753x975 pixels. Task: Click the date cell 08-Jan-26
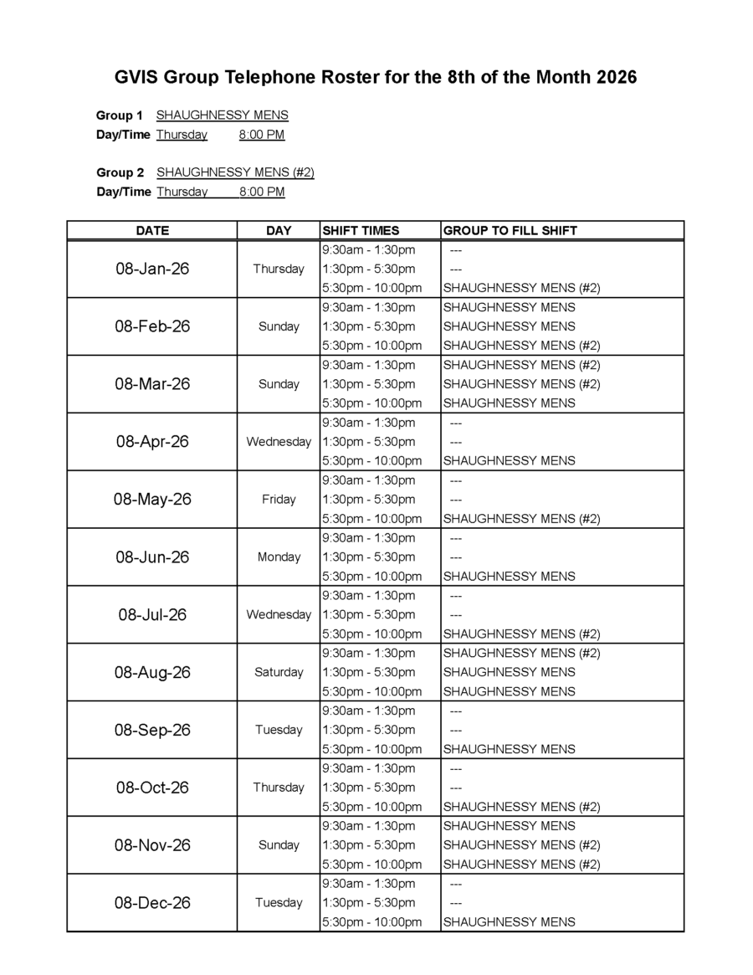click(152, 269)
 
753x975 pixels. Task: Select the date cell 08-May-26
click(152, 500)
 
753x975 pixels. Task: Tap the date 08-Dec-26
click(152, 903)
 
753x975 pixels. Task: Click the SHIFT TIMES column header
click(361, 231)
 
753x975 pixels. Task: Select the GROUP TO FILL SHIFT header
click(510, 231)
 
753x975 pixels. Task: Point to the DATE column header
click(152, 231)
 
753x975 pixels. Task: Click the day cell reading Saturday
click(279, 672)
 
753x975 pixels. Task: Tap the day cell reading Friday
click(279, 500)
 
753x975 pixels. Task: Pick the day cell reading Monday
click(279, 557)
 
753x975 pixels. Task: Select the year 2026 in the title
click(617, 78)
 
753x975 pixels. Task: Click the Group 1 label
click(120, 115)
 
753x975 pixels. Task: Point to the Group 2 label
click(120, 173)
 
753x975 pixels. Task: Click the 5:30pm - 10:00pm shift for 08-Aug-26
click(371, 691)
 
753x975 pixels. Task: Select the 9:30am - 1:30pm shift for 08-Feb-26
click(368, 307)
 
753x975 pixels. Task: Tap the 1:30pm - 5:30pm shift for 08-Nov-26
click(368, 845)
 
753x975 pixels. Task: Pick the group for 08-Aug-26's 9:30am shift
click(521, 653)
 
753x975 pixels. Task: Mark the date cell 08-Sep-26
click(152, 730)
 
